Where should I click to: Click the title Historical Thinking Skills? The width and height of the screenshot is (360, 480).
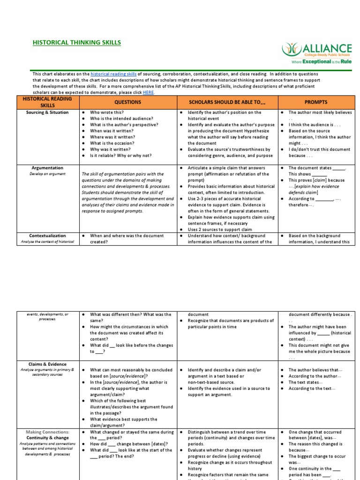point(76,43)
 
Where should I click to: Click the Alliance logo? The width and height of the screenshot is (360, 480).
point(316,53)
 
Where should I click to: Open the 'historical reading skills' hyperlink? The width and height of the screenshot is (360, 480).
point(113,74)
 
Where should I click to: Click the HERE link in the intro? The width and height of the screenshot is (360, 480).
point(148,92)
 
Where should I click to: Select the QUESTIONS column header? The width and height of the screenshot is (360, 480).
point(127,102)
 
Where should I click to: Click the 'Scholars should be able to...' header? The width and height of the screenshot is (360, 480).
point(227,102)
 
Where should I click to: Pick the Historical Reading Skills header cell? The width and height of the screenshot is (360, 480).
point(47,102)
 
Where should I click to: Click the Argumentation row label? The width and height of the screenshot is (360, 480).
point(47,168)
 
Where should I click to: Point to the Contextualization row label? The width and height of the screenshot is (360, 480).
point(47,236)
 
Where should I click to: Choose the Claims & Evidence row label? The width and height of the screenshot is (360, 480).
point(47,364)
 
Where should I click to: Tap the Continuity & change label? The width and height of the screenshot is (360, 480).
point(47,438)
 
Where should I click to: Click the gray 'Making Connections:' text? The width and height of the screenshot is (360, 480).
point(47,432)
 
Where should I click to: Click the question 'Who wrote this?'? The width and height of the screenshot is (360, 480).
point(107,112)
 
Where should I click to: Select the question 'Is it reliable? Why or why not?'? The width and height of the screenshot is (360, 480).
point(120,155)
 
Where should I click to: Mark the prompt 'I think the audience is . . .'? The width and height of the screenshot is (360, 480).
point(311,125)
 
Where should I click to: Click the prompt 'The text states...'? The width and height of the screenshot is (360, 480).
point(306,382)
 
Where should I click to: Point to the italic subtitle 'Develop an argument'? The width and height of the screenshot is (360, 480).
point(47,174)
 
